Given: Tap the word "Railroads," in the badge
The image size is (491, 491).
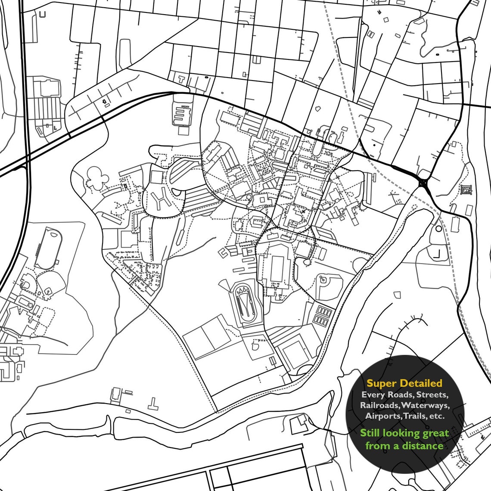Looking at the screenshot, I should pos(379,405).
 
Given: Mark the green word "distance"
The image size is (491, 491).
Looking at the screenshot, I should pos(423,445).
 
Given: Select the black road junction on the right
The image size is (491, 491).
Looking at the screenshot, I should pos(423,183).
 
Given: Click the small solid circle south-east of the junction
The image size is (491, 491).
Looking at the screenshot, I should pos(438,229).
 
